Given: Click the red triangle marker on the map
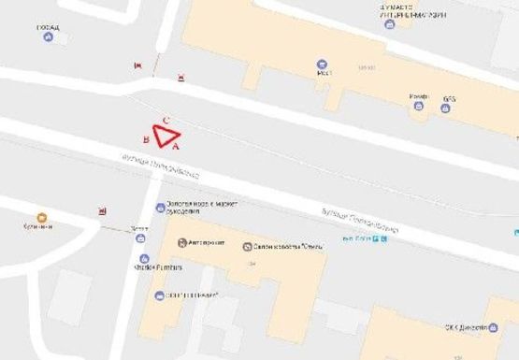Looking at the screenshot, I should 166,137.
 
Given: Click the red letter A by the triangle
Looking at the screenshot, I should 177,146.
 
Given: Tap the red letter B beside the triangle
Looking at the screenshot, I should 146,139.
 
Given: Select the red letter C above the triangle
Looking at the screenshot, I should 166,121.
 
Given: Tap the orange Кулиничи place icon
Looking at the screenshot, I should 41,217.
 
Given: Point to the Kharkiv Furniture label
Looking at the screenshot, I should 164,267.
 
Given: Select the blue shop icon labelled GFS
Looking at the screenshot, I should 445,108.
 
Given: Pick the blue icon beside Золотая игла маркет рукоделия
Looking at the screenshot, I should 160,209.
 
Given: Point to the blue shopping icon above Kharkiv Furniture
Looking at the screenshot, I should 142,259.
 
